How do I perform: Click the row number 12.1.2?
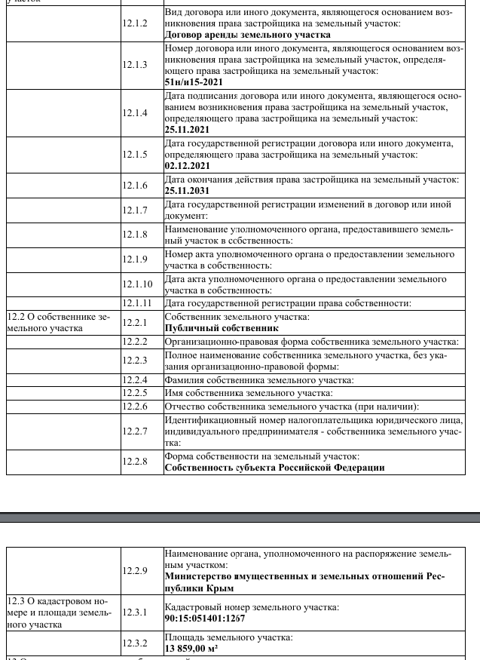point(135,23)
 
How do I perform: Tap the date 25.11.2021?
point(187,130)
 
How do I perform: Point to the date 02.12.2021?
point(187,166)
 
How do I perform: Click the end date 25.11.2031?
point(187,191)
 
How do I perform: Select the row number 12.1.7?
point(135,210)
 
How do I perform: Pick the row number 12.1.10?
point(137,284)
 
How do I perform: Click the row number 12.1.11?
point(137,303)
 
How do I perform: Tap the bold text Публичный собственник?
point(222,328)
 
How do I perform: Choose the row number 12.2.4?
point(135,380)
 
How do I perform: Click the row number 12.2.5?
point(135,393)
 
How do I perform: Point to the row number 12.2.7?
point(135,431)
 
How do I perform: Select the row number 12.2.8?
point(135,462)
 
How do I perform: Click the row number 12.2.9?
point(135,571)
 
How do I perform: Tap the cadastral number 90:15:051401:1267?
point(205,619)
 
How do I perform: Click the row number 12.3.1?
point(135,612)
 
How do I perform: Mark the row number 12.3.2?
point(135,643)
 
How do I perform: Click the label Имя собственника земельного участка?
point(248,393)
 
